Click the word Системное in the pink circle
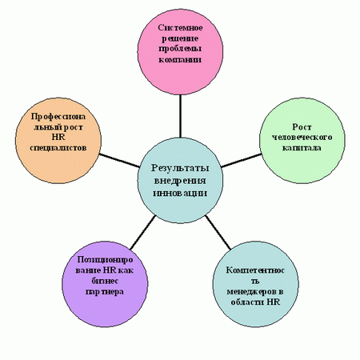pyautogui.click(x=180, y=27)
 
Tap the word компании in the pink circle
pyautogui.click(x=180, y=60)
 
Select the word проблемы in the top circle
pyautogui.click(x=180, y=49)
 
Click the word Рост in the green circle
pyautogui.click(x=302, y=127)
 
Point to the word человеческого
pyautogui.click(x=302, y=138)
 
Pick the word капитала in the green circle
pyautogui.click(x=302, y=148)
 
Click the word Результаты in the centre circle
pyautogui.click(x=180, y=168)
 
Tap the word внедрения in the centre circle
pyautogui.click(x=180, y=181)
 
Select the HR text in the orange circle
pyautogui.click(x=58, y=138)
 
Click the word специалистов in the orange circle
pyautogui.click(x=58, y=148)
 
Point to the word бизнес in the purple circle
pyautogui.click(x=105, y=281)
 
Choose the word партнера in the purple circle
pyautogui.click(x=105, y=292)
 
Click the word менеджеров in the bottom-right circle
pyautogui.click(x=255, y=292)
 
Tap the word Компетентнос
pyautogui.click(x=255, y=270)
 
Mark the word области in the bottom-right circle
pyautogui.click(x=247, y=302)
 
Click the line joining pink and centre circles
pyautogui.click(x=181, y=116)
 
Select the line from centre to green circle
pyautogui.click(x=242, y=161)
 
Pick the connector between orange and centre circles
pyautogui.click(x=119, y=161)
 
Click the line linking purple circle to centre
pyautogui.click(x=142, y=232)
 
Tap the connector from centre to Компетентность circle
pyautogui.click(x=218, y=232)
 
